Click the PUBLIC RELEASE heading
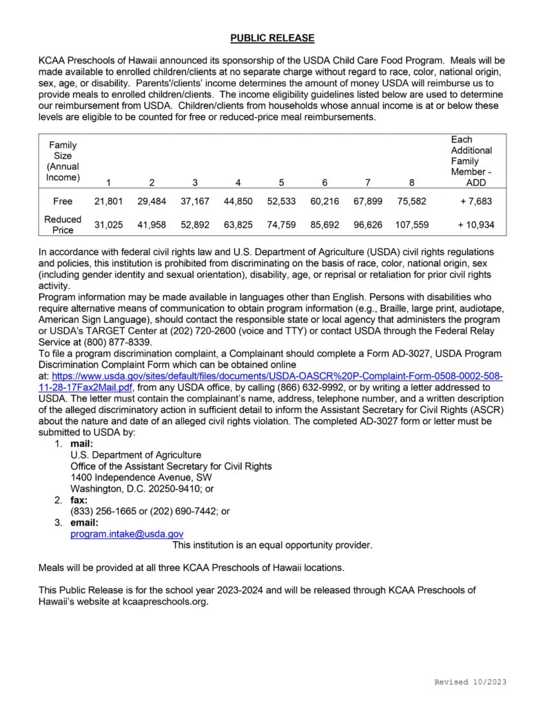tap(272, 38)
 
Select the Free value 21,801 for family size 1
tap(108, 201)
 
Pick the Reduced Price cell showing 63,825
tap(238, 225)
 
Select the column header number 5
tap(281, 183)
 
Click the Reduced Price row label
tap(63, 225)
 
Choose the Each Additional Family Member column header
tap(471, 161)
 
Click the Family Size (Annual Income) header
tap(63, 161)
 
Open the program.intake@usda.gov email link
tap(127, 534)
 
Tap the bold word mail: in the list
tap(81, 444)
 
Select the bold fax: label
tap(79, 500)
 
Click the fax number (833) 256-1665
tap(102, 511)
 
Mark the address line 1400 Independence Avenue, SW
tap(141, 477)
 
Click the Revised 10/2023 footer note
tap(470, 682)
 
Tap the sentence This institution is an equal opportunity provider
tap(272, 545)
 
